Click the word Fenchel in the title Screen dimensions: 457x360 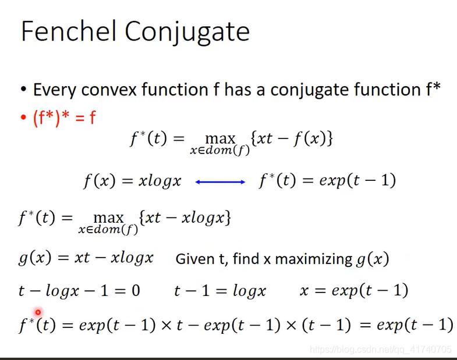pos(69,31)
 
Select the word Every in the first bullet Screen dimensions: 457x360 pos(55,90)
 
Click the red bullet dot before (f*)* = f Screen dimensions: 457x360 pos(23,117)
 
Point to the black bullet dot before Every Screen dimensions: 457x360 pos(24,90)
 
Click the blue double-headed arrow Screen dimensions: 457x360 pos(220,182)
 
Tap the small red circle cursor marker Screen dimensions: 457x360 pos(38,313)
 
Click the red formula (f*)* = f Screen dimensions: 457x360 pos(64,118)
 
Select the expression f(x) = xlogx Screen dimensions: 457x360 pos(132,181)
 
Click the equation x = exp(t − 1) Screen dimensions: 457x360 pos(354,290)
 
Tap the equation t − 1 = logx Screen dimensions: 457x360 pos(220,291)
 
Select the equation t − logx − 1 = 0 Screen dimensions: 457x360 pos(79,291)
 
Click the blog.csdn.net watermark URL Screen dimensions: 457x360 pos(381,349)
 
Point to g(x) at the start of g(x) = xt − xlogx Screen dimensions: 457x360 pos(35,258)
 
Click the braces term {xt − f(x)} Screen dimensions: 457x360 pos(292,138)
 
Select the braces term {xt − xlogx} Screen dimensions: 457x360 pos(185,218)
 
